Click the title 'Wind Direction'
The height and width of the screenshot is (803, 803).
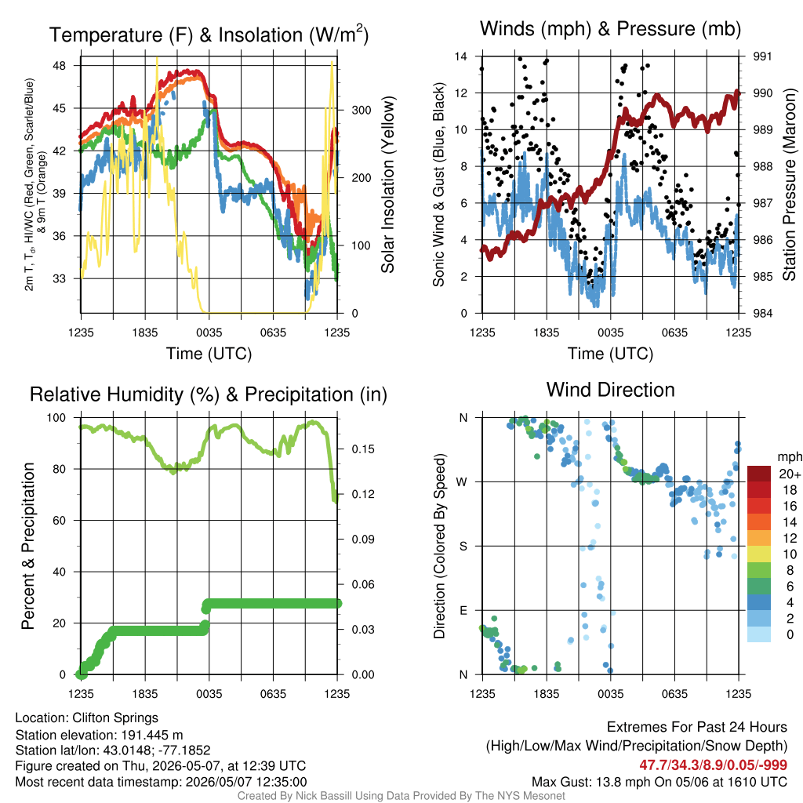pos(610,391)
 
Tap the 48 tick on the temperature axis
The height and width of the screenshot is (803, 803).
pos(60,66)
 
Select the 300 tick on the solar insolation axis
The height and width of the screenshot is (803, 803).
pos(361,110)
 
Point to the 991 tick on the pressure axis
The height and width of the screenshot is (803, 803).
pos(762,56)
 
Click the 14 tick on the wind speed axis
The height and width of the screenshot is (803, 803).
pos(461,56)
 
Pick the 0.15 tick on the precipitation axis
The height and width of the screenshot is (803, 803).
pos(363,449)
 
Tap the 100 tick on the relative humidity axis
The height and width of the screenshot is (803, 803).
pos(56,418)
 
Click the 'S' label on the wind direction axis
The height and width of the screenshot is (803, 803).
pos(463,547)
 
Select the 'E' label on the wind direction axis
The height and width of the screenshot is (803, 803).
pos(463,610)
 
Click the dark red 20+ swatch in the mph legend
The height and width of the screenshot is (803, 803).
pos(759,474)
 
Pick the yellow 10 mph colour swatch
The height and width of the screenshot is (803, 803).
pos(759,554)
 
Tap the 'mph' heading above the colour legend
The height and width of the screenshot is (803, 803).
pos(790,457)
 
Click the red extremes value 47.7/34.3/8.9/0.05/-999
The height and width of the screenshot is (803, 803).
pos(714,765)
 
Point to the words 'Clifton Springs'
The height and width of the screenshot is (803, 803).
pos(115,718)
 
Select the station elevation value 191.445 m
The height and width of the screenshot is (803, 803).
pos(152,736)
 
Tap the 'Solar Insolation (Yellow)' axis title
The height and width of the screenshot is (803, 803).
pos(387,184)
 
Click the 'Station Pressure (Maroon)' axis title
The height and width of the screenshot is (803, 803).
pos(789,184)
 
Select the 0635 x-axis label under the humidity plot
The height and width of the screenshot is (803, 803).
pos(273,694)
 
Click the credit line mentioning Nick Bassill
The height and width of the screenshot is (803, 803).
pos(401,796)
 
